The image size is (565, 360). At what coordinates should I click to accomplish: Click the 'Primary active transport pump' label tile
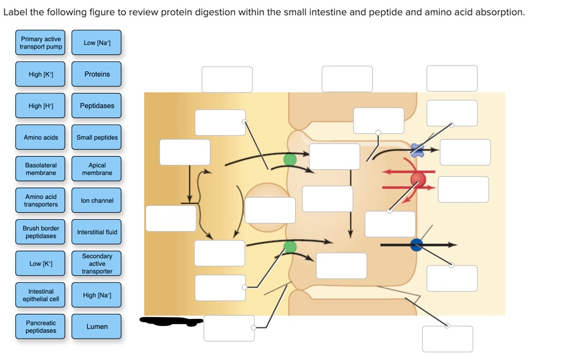pos(40,43)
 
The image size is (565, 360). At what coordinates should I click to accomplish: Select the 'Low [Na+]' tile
pos(97,43)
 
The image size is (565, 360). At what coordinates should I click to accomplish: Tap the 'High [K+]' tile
pos(40,75)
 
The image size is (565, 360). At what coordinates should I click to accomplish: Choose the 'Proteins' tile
pos(97,75)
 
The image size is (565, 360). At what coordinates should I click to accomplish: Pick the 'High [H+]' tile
pos(40,106)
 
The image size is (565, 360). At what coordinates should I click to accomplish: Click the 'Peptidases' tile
pos(97,106)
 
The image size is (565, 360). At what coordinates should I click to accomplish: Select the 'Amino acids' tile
pos(40,138)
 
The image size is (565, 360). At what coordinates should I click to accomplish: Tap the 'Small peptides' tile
pos(97,138)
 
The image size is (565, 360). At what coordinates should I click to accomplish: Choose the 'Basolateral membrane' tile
pos(40,169)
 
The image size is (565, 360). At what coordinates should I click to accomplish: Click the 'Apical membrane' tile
pos(97,169)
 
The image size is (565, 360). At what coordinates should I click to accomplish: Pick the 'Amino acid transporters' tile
pos(40,201)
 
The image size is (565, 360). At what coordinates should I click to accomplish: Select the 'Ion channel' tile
pos(97,201)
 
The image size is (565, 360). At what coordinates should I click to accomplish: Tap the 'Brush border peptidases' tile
pos(40,232)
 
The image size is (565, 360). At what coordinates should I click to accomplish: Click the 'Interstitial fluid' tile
pos(97,232)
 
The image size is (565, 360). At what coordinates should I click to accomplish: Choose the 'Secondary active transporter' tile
pos(97,264)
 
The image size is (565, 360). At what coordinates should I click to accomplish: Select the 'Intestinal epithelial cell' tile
pos(40,296)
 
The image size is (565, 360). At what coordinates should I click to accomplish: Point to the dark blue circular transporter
pos(416,245)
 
